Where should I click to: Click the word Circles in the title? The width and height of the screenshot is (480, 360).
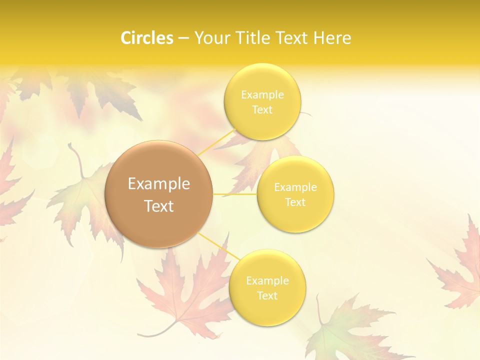(146, 38)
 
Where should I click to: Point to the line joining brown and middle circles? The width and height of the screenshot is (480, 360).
(235, 194)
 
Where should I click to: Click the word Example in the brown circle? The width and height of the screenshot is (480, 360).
(159, 184)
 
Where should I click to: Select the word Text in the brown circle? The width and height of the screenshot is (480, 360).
(159, 206)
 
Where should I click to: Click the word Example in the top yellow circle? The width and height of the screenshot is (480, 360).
(262, 95)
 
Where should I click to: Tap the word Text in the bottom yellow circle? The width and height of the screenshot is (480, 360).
(267, 295)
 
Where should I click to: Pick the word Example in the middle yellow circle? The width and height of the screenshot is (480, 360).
(295, 187)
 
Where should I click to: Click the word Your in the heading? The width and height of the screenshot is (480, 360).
(210, 38)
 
